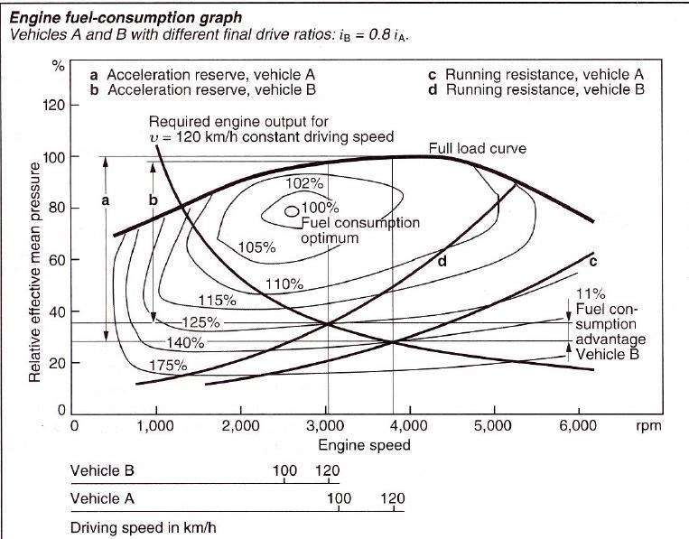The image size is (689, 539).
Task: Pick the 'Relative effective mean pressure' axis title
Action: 35,270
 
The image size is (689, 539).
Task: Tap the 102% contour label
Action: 304,184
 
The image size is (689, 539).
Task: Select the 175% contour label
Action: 169,366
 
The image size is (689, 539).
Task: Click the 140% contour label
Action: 186,343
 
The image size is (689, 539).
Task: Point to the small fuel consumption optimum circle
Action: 291,211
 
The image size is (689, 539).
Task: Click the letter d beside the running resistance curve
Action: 442,262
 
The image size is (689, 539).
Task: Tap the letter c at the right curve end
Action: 593,262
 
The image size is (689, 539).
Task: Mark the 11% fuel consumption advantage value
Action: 591,294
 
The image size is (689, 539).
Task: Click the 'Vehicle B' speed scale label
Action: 107,470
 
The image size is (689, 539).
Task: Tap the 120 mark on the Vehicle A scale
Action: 394,498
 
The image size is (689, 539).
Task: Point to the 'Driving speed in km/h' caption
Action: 143,526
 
